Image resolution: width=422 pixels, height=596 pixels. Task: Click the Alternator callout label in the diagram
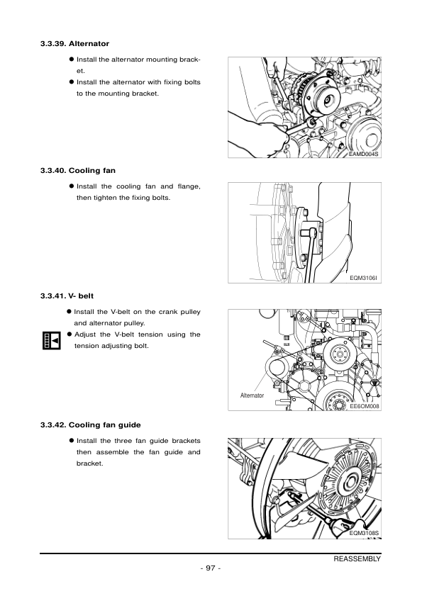[x=252, y=395]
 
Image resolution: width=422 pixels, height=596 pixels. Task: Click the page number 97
[x=211, y=569]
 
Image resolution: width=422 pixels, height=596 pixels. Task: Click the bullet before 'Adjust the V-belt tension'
[x=70, y=334]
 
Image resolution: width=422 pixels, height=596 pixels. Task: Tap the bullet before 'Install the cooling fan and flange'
[x=72, y=186]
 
